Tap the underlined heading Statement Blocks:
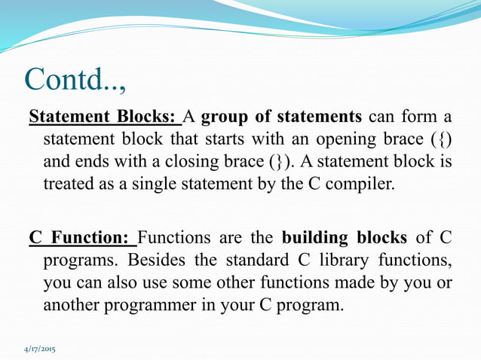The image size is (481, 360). point(103,118)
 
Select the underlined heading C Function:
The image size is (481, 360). point(82,239)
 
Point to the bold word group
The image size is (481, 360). point(225,118)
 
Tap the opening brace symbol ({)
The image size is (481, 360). point(440,141)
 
